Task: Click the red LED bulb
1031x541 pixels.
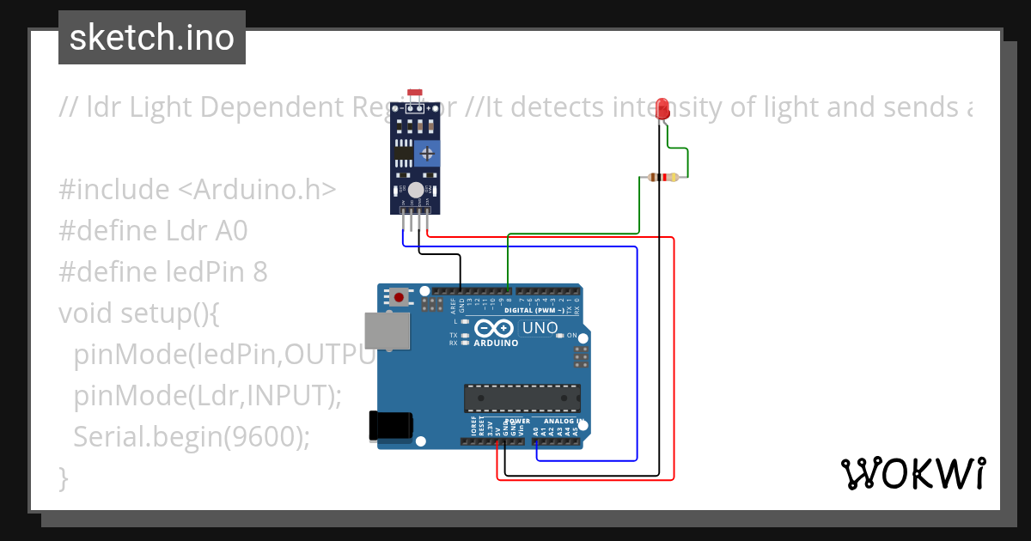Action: pyautogui.click(x=662, y=108)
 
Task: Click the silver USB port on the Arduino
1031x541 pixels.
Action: pyautogui.click(x=387, y=331)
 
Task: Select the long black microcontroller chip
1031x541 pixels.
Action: pyautogui.click(x=522, y=398)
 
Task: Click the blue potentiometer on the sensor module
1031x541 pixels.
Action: pyautogui.click(x=427, y=154)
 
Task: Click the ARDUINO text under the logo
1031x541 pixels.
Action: pyautogui.click(x=496, y=343)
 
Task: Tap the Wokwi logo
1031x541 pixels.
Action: pyautogui.click(x=912, y=473)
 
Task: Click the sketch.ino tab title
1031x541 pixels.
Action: pyautogui.click(x=152, y=38)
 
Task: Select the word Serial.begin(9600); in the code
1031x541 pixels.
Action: pyautogui.click(x=191, y=436)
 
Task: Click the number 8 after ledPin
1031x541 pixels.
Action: pyautogui.click(x=259, y=271)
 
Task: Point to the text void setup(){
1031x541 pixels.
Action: pyautogui.click(x=139, y=313)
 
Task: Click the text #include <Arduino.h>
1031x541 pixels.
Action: pyautogui.click(x=198, y=189)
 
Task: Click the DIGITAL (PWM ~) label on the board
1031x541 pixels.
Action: pyautogui.click(x=534, y=309)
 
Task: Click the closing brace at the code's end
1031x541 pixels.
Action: pyautogui.click(x=63, y=477)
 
